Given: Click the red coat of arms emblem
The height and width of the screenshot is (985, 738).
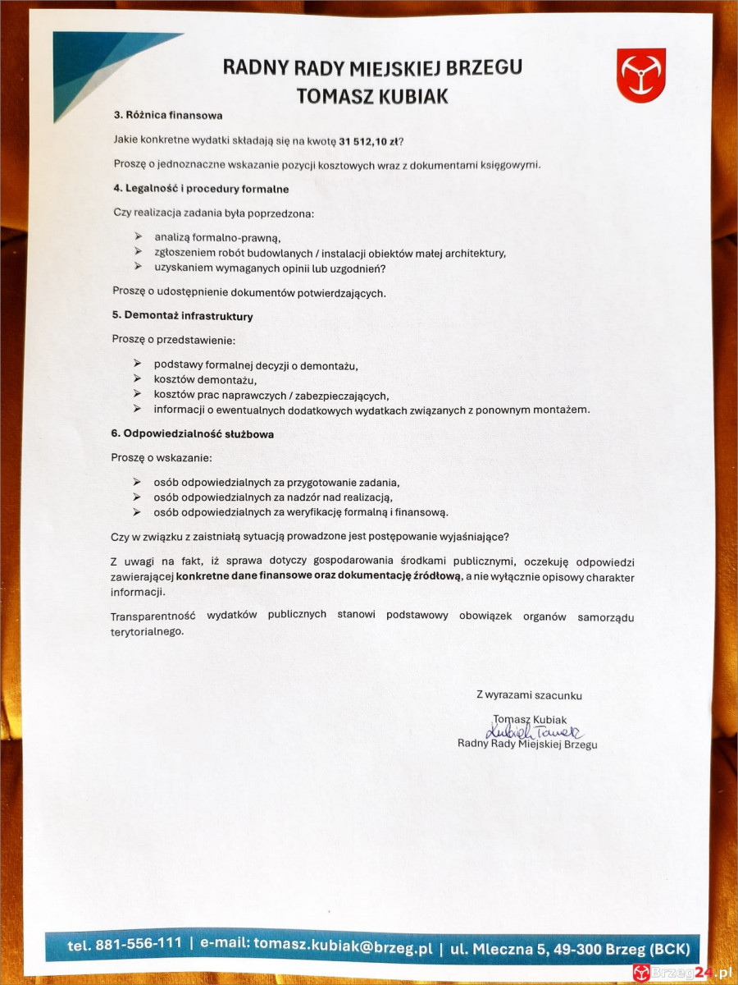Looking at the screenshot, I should pos(640,76).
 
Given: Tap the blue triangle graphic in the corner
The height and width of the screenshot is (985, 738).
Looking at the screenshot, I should pos(98,66).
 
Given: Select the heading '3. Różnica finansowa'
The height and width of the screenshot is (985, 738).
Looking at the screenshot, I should pos(167,115).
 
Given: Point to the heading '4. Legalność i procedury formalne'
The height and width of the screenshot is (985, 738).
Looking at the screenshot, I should pos(200,189).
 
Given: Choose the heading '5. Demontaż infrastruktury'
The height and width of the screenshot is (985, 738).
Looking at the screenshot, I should pos(182,315).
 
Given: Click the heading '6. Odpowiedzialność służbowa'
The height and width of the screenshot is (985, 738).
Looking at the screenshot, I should pos(193,433).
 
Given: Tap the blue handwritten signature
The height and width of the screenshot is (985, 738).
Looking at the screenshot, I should pos(534,731).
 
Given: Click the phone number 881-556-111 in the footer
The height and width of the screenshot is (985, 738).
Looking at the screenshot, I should pos(138,945).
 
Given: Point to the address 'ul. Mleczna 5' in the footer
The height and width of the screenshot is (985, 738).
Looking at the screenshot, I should pos(501,948).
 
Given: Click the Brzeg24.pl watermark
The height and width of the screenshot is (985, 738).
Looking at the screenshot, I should pos(681,973).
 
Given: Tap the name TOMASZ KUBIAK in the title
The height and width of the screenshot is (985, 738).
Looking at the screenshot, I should pos(372,96).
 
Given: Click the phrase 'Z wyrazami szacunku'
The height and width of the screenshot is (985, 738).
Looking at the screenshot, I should pos(529,695).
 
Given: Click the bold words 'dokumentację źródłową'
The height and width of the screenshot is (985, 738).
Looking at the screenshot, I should pos(401,577).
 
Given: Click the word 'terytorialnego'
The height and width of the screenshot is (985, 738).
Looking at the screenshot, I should pos(147,631).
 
